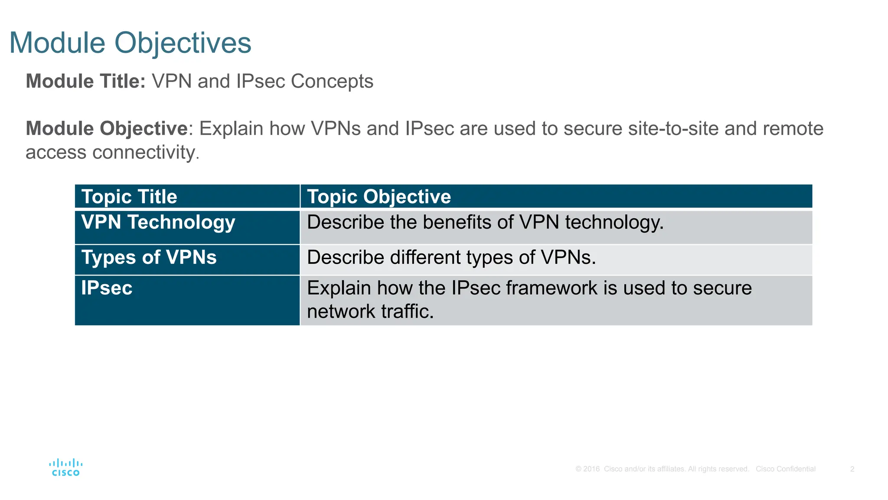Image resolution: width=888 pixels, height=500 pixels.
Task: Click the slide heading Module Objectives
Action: pos(130,43)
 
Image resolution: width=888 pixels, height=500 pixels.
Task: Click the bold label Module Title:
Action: pos(85,81)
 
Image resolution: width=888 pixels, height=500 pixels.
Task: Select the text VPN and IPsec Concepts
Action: pos(262,81)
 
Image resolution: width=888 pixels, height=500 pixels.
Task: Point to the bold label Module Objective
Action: pos(107,128)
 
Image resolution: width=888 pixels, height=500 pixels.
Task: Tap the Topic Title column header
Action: pos(129,197)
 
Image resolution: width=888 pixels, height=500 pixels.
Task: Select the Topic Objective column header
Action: pos(379,197)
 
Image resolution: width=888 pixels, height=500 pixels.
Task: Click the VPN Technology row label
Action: pos(158,222)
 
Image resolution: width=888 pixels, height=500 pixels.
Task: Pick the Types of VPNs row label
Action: pos(149,257)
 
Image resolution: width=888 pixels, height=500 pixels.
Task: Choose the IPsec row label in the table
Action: pos(107,288)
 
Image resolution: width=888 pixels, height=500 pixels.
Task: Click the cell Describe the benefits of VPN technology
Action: pos(485,222)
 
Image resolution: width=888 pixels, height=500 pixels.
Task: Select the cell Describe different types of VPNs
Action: pos(451,257)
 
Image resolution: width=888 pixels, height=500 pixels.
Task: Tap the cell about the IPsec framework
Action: pos(529,299)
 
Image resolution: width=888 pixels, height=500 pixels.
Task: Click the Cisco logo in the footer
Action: pos(66,467)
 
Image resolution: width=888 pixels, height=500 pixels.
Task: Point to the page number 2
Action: pos(852,469)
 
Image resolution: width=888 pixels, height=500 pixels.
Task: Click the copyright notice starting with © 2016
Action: pos(662,469)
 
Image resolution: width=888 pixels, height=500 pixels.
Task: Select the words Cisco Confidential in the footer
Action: pos(785,469)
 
